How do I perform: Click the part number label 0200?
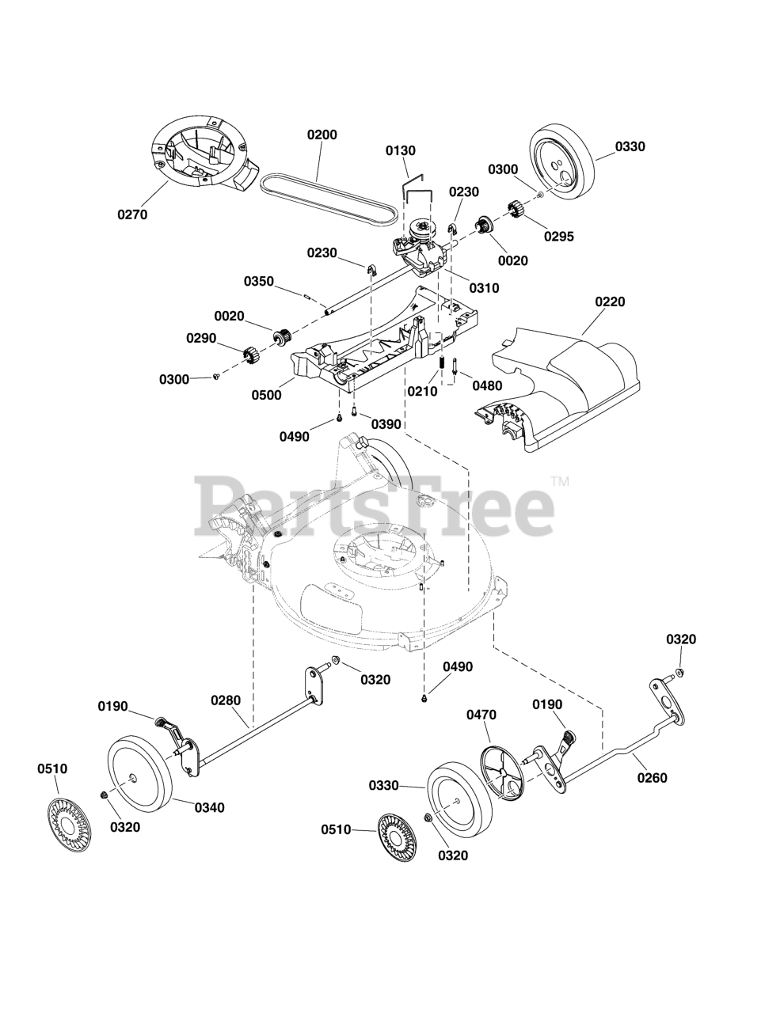click(x=322, y=135)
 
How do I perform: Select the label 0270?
click(x=132, y=214)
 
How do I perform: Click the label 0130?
click(x=401, y=150)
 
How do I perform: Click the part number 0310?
click(x=483, y=288)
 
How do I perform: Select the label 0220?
click(x=610, y=302)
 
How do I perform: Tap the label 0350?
click(x=259, y=281)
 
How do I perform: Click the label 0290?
click(x=201, y=338)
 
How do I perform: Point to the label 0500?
click(x=266, y=395)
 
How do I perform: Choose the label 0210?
click(x=423, y=390)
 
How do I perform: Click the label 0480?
click(x=486, y=385)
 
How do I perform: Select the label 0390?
click(x=386, y=424)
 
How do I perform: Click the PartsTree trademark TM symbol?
click(x=560, y=480)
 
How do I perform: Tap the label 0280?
click(x=226, y=700)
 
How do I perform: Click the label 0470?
click(x=481, y=715)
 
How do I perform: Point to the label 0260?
click(x=652, y=778)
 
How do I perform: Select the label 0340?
click(x=210, y=807)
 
